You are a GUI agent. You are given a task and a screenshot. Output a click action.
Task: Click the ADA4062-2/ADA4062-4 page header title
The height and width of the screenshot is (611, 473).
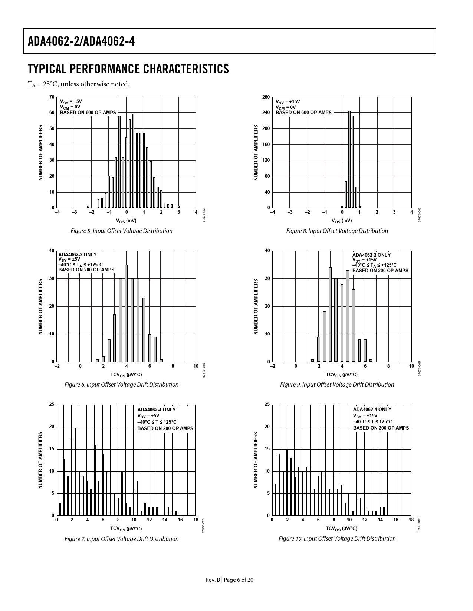(81, 41)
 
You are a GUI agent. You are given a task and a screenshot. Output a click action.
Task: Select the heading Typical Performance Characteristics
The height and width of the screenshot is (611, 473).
(128, 69)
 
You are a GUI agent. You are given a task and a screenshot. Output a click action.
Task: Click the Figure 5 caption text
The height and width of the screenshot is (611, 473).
(121, 231)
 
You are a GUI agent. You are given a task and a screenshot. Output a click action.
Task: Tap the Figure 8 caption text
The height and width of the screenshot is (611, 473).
(337, 231)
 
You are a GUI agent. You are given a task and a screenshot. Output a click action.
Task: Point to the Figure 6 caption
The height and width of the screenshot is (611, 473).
(121, 385)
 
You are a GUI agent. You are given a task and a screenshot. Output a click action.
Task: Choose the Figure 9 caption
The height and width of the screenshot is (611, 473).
(337, 385)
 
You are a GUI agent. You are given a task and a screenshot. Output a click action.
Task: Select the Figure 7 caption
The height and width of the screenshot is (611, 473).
(121, 539)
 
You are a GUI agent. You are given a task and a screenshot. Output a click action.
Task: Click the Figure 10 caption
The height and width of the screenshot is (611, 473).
(337, 539)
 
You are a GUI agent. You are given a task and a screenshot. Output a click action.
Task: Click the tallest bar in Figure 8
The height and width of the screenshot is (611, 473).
(349, 159)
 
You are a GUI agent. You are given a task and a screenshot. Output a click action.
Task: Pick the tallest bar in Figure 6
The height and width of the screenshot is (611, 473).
(126, 313)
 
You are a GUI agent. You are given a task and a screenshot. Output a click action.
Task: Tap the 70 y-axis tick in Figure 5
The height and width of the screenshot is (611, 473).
(52, 97)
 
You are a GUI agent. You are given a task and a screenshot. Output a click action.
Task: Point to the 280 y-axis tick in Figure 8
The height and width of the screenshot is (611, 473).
(266, 97)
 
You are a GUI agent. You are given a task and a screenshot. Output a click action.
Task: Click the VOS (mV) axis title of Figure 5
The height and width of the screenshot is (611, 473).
(126, 221)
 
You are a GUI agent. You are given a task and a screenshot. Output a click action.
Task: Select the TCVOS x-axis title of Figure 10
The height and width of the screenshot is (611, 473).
(341, 528)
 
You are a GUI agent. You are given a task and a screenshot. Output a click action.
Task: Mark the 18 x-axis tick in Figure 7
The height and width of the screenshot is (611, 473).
(196, 520)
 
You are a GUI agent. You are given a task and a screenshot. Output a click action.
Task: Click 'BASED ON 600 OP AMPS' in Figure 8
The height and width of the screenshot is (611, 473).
(303, 113)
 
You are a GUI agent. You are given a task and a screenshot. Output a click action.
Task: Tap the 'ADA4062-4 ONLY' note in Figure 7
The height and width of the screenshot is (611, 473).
(156, 410)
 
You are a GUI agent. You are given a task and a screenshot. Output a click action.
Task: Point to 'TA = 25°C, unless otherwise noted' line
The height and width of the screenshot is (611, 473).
(79, 84)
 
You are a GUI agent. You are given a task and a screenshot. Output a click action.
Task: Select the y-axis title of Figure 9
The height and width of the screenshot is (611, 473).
(256, 307)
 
